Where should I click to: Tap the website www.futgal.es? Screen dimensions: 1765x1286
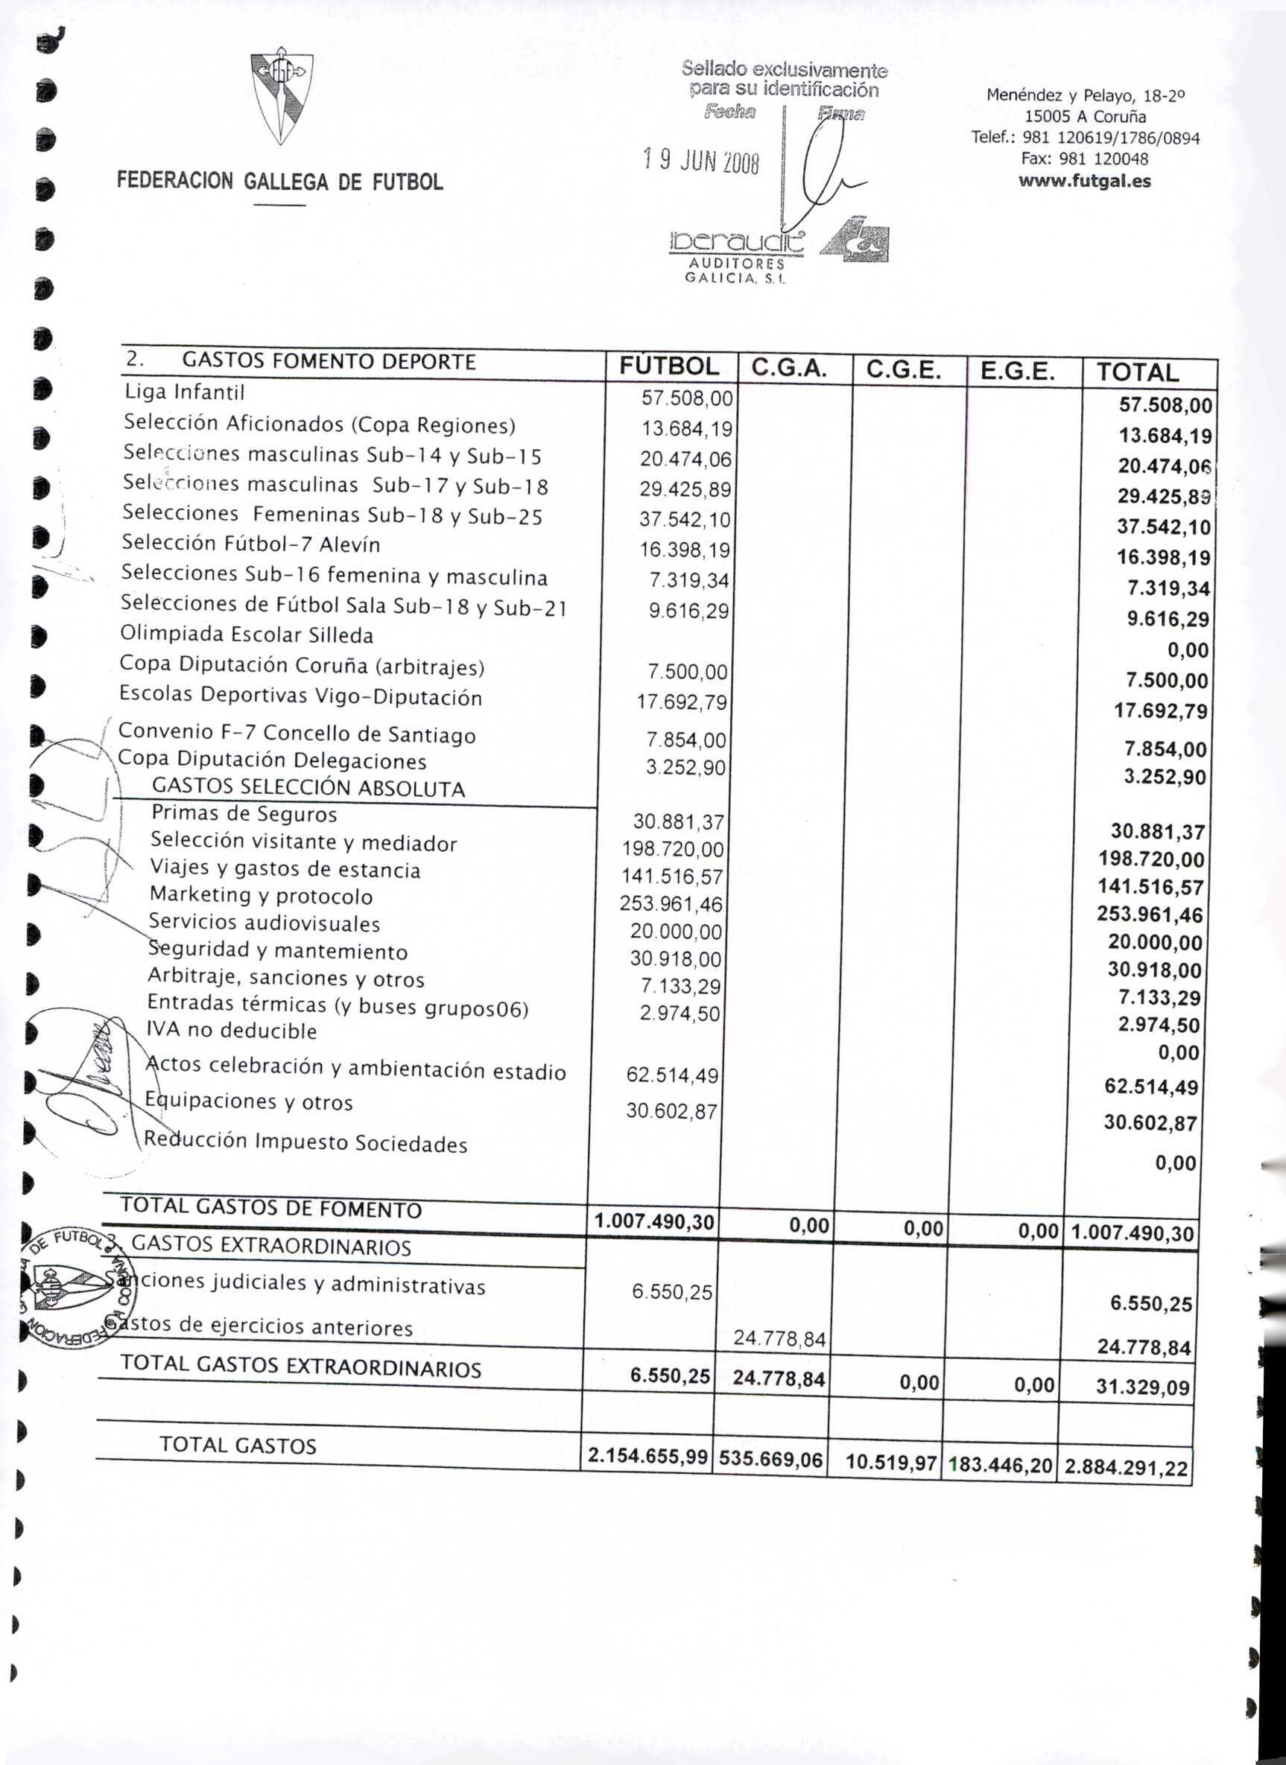coord(1084,181)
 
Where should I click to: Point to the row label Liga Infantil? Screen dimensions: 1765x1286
coord(185,392)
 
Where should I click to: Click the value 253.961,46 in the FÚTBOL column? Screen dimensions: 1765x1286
coord(671,903)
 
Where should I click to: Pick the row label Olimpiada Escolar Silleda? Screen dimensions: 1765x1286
coord(247,635)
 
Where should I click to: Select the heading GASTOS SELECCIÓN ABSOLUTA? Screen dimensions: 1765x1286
coord(308,788)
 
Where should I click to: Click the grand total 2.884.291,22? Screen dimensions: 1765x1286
coord(1127,1468)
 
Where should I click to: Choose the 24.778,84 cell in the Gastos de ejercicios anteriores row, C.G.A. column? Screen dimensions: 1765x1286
coord(779,1338)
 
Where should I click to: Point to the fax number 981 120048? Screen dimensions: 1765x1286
coord(1084,159)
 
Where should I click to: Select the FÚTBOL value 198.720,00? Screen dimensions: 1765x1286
coord(673,849)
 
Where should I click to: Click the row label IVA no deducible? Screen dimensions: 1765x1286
coord(232,1031)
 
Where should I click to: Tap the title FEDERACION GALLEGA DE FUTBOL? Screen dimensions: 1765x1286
coord(280,182)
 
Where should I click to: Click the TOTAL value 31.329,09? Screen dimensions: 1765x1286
coord(1142,1387)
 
